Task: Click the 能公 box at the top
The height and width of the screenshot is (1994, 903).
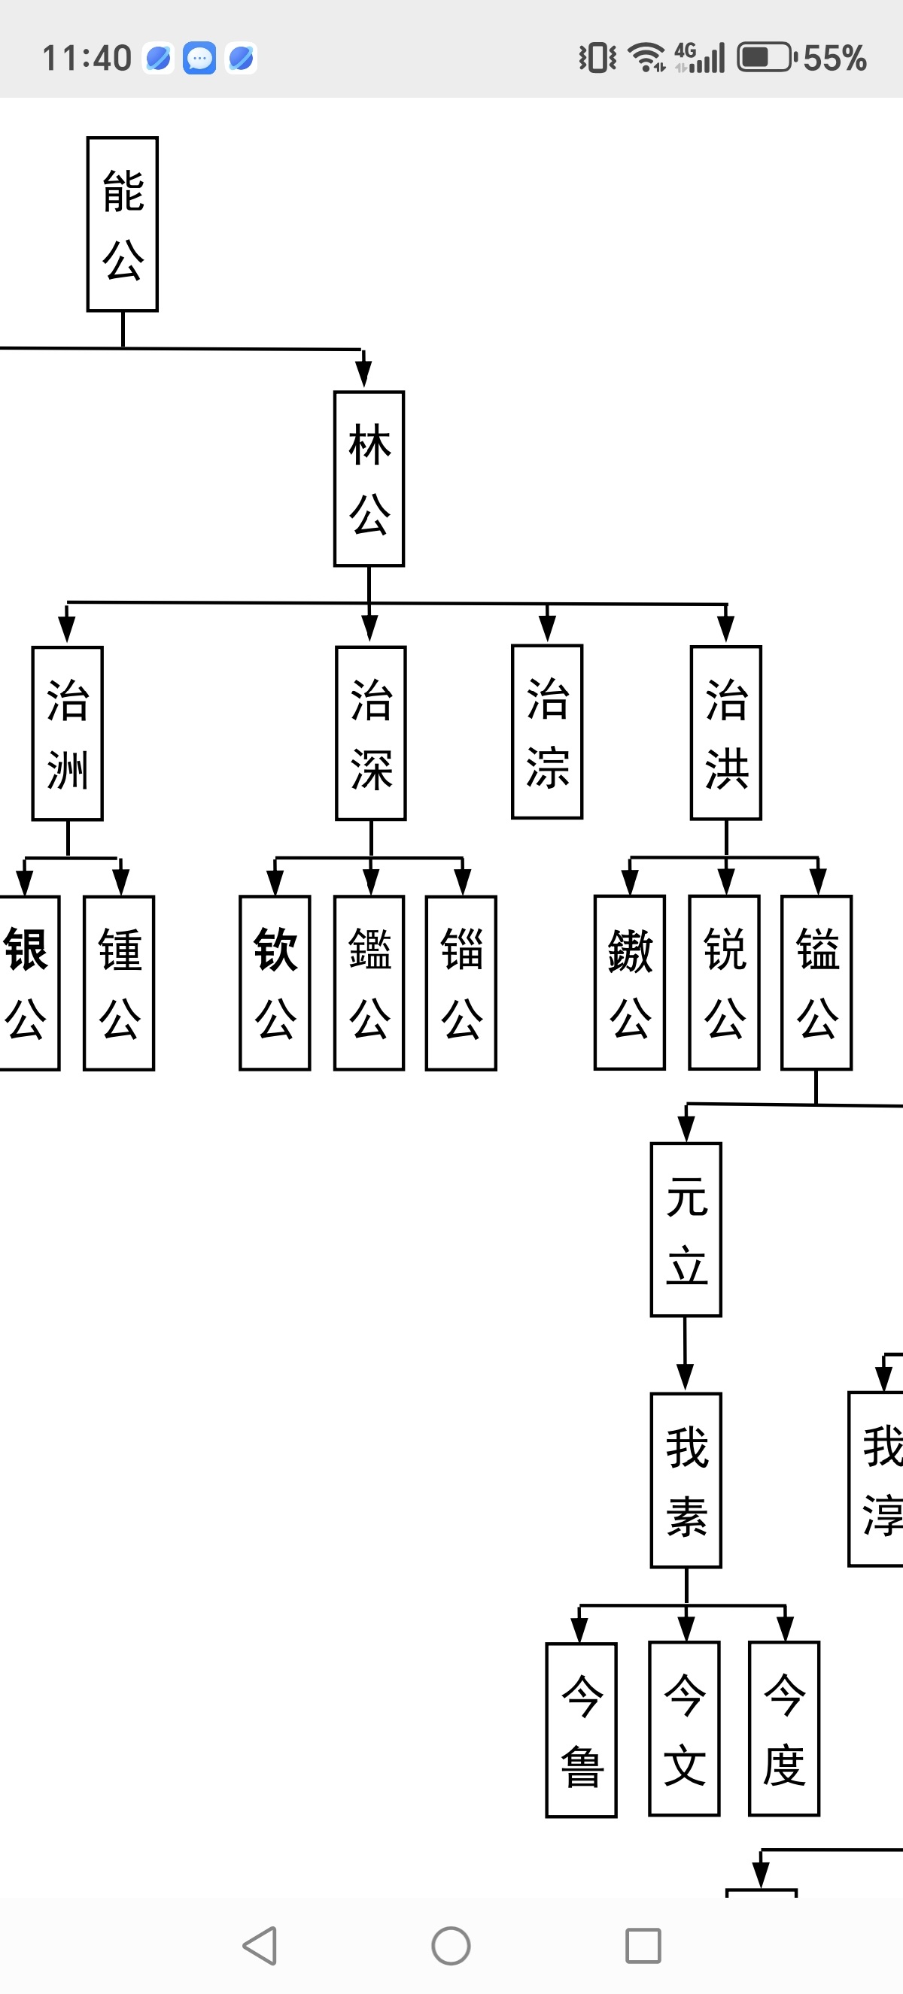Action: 123,225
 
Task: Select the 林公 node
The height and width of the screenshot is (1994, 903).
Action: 369,479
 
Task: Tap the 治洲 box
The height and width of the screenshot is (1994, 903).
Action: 68,733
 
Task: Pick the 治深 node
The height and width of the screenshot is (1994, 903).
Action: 371,733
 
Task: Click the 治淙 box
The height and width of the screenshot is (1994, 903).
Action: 548,732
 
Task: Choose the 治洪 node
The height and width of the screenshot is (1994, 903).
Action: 725,732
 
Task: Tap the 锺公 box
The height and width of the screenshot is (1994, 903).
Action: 119,983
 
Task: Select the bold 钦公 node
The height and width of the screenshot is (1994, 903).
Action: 275,983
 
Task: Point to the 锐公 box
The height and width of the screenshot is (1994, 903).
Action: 724,982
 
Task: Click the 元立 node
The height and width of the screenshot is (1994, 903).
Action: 686,1230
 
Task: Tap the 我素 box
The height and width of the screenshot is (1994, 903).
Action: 686,1480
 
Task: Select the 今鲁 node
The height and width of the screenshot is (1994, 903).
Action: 582,1729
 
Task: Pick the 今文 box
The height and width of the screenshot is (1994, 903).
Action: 685,1729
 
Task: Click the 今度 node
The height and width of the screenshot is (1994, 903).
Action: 784,1729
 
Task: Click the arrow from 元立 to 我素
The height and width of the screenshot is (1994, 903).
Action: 685,1355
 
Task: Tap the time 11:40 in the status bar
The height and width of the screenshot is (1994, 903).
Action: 87,58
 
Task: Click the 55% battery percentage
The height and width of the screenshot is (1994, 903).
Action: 835,58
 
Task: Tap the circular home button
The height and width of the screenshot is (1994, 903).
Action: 451,1945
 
